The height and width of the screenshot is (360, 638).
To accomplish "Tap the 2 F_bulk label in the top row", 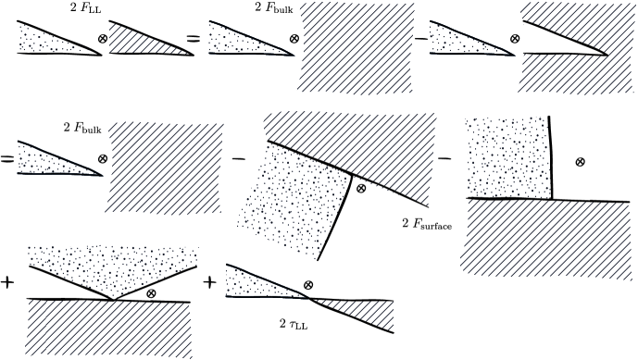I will pos(273,10).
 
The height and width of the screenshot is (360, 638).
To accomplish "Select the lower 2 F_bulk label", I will pos(81,127).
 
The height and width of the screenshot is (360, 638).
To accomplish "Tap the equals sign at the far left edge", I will pos(6,159).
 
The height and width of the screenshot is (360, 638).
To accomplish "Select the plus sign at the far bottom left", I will pos(9,280).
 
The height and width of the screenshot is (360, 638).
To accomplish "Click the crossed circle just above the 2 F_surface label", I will pos(361,188).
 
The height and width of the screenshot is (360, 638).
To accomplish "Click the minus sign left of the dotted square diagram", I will pos(444,158).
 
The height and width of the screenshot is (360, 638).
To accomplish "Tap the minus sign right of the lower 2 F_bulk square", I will pos(238,159).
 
